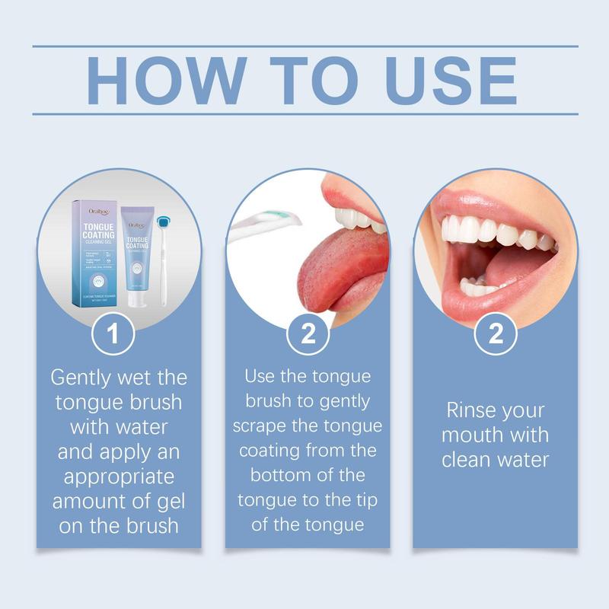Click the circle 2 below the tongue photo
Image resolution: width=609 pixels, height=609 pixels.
click(x=308, y=333)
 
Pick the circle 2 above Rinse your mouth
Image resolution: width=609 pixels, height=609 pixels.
click(x=496, y=333)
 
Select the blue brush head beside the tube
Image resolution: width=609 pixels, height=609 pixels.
click(x=161, y=222)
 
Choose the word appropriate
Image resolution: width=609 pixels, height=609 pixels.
click(x=119, y=477)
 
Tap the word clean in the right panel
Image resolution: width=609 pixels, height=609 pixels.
click(x=467, y=460)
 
